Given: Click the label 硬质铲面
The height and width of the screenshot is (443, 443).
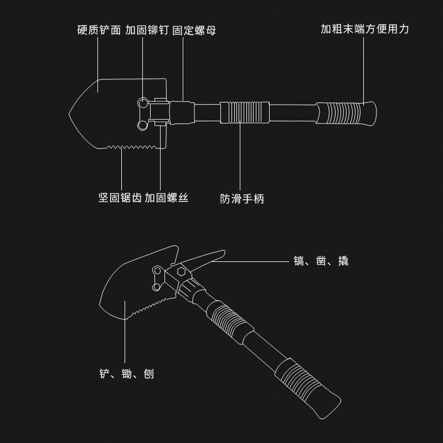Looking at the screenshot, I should point(99,29).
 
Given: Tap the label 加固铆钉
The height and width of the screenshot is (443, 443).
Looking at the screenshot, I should point(147,29).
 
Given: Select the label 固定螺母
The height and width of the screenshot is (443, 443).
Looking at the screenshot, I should point(194,29).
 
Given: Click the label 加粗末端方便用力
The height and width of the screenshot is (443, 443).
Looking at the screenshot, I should point(364,29).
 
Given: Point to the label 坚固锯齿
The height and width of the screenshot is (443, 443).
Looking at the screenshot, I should point(120,198).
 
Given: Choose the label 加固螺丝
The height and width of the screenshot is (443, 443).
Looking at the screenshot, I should point(167,198).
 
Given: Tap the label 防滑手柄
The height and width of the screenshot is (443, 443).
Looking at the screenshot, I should point(242,199).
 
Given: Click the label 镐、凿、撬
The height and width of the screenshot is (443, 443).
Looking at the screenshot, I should point(321,261).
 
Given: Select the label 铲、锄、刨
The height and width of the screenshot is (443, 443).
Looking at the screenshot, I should point(126,374).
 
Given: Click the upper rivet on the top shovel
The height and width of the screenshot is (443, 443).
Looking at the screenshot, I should point(143,104).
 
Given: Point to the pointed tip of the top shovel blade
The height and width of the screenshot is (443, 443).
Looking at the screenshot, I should point(70,115).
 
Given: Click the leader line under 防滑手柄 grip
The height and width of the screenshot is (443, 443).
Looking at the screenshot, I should point(240,158).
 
